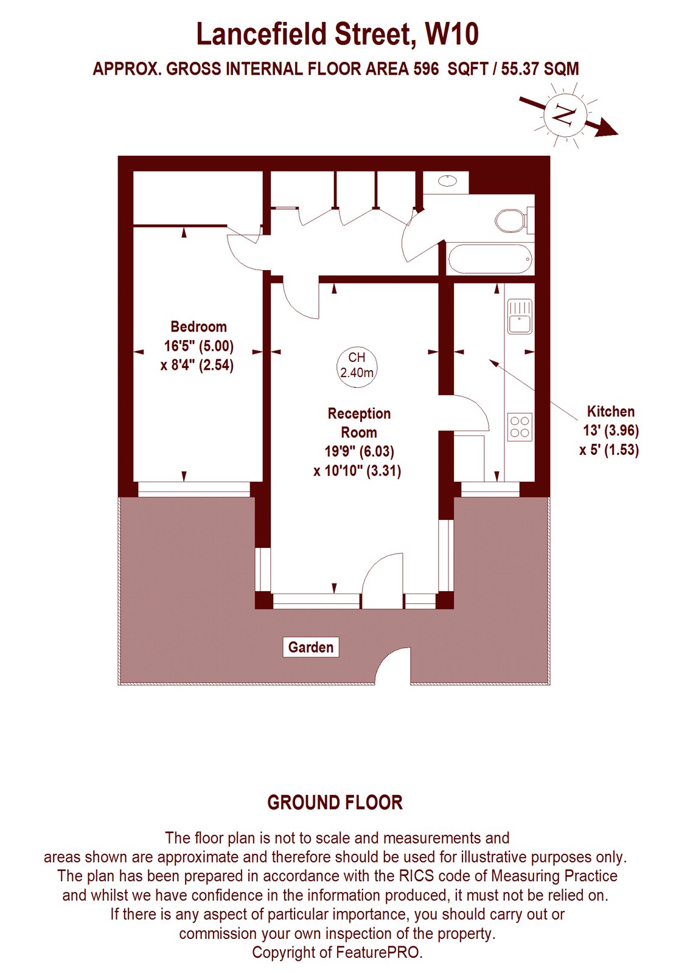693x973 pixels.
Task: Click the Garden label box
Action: tap(310, 647)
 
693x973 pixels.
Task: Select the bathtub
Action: tap(490, 259)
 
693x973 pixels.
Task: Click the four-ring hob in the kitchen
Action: tap(520, 426)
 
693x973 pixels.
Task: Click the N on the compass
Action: tap(565, 114)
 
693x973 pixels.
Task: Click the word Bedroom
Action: tap(198, 327)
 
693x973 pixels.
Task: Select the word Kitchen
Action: tap(610, 411)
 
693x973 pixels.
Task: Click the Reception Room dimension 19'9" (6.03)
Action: tap(359, 452)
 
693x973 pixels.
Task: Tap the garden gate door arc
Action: tap(392, 667)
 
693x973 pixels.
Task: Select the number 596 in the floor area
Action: tap(426, 69)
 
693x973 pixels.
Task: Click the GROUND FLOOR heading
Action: tap(335, 803)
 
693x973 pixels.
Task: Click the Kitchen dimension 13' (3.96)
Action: tap(610, 431)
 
